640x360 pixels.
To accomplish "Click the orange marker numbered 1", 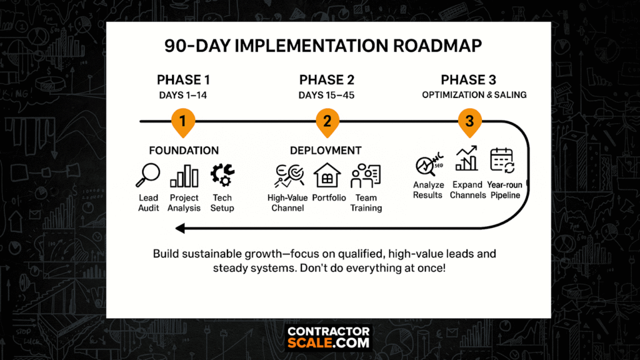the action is [183, 122].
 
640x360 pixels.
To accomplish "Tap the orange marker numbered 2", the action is [327, 122].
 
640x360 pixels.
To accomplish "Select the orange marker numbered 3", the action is [469, 122].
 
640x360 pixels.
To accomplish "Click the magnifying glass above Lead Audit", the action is [147, 175].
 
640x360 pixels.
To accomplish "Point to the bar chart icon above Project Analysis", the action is [184, 176].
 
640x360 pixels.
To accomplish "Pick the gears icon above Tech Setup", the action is [222, 175].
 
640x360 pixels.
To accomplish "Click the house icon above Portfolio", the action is [327, 175].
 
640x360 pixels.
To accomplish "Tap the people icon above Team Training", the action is [366, 176].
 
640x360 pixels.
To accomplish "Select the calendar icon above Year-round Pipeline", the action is [502, 161].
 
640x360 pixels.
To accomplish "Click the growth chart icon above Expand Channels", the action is [466, 158].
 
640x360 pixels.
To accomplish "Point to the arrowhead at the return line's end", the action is [180, 229].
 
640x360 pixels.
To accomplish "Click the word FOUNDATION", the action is [184, 151].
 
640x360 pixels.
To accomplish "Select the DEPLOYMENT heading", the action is [326, 151].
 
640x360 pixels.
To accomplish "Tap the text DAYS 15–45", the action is [326, 96].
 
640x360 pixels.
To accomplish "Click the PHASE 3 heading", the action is [469, 79].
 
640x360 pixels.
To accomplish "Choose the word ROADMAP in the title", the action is [437, 46].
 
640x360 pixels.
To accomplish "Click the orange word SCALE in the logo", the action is [309, 343].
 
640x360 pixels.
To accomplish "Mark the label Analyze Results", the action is [427, 190].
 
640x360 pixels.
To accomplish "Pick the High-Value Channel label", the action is [287, 203].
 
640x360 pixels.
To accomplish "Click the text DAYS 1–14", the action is [183, 96].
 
